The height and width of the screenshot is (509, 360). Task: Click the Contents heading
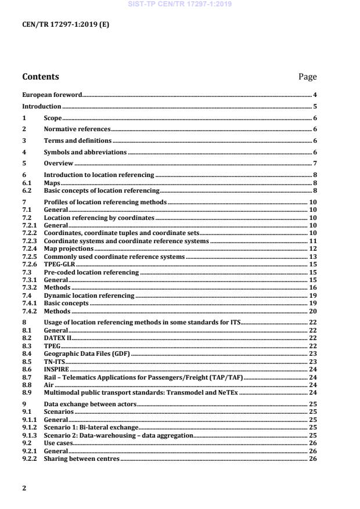point(41,77)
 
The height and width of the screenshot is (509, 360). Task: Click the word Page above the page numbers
point(307,77)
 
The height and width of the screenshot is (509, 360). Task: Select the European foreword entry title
point(52,95)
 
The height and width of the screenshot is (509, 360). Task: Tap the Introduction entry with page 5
point(41,106)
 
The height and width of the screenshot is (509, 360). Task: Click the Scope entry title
point(53,118)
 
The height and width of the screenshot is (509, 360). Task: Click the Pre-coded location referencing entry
point(91,272)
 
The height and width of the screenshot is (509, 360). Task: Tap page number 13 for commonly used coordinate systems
point(312,256)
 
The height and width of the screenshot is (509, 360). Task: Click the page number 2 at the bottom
point(24,488)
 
